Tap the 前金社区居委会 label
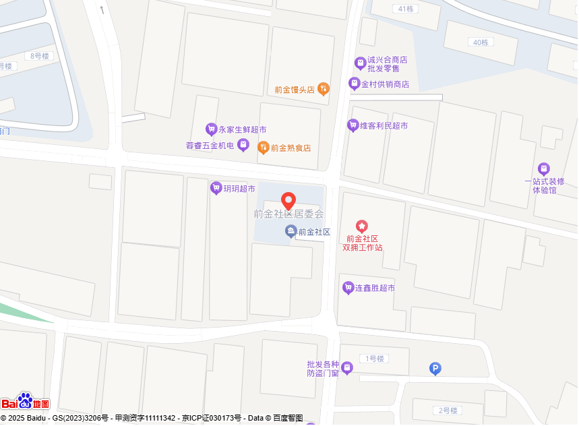pos(288,214)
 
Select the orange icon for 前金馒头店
pos(324,88)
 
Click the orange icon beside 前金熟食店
pos(264,148)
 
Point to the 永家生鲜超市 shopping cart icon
pos(211,129)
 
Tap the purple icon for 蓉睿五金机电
pos(243,145)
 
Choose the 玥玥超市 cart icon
pos(216,188)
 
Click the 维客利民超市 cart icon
pos(353,125)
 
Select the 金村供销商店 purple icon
pos(354,84)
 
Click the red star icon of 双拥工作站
pos(362,226)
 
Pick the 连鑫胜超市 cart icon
pos(348,288)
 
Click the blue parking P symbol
pos(435,368)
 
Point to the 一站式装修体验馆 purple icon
pos(544,169)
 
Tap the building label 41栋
pos(405,9)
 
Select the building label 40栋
pos(481,42)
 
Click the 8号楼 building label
pos(40,56)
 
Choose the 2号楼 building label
pos(448,410)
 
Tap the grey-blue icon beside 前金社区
pos(291,232)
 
